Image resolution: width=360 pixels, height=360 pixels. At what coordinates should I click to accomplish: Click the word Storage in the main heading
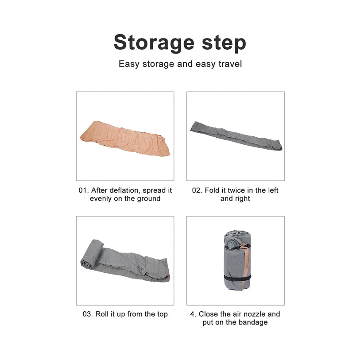coord(154,43)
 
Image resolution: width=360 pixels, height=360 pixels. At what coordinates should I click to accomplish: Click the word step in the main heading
coord(224,43)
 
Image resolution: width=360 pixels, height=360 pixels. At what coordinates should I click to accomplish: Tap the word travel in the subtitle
coord(230,64)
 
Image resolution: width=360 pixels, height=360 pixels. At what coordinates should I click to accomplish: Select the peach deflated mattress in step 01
coord(125,139)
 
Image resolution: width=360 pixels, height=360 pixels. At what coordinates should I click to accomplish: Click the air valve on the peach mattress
coord(160,138)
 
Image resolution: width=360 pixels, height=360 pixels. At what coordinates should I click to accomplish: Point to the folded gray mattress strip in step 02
coord(236,135)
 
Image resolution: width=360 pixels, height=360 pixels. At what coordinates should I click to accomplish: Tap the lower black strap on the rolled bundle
coord(237,278)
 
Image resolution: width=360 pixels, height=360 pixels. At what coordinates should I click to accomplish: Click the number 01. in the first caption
coord(84,190)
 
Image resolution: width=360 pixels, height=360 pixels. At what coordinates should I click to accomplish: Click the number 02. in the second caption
coord(197,190)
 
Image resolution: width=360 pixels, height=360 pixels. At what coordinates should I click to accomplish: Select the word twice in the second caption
coord(234,190)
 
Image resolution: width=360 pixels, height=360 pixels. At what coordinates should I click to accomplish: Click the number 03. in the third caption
coord(88,314)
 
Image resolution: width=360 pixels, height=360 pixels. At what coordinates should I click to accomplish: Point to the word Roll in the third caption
coord(102,314)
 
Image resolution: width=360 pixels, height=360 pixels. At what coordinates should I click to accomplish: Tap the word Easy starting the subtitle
coord(129,64)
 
